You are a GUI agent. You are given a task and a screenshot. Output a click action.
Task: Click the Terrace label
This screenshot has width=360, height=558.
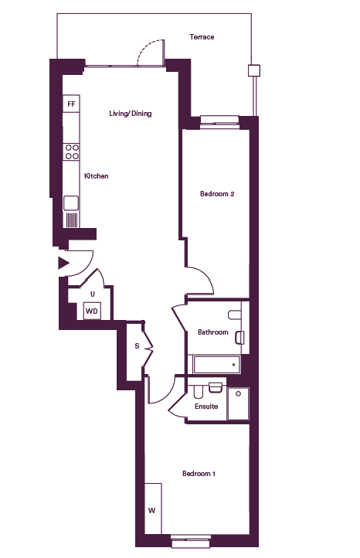point(202,37)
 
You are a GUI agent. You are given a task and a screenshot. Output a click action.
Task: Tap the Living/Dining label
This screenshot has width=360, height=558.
point(131,114)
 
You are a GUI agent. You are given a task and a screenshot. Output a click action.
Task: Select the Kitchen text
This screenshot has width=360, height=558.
point(96,175)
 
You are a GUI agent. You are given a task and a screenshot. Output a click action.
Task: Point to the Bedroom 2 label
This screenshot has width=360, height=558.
point(217,194)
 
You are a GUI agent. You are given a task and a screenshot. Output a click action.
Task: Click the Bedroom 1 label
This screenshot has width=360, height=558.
point(199,474)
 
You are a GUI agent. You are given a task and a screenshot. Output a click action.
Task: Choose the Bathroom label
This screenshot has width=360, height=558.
point(212,332)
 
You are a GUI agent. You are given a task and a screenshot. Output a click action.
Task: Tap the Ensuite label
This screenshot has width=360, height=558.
point(206,406)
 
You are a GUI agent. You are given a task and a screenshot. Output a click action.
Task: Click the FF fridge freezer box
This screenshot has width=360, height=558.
point(71,104)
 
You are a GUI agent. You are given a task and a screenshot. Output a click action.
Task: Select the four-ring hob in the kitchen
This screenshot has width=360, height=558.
point(71,151)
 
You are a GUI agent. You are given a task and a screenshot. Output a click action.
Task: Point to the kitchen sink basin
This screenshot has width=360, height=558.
point(71,203)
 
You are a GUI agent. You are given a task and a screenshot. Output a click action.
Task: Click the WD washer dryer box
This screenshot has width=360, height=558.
point(92,311)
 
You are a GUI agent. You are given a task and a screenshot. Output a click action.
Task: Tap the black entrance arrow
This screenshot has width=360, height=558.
point(63,264)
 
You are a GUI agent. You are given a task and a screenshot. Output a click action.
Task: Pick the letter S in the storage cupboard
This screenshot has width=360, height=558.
point(137,346)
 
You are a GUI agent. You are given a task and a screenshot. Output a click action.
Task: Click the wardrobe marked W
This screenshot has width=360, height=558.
point(153,509)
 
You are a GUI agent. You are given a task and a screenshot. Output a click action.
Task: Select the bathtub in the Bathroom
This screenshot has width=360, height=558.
point(216,364)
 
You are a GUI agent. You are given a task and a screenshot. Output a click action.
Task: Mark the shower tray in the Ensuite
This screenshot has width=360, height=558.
point(238,404)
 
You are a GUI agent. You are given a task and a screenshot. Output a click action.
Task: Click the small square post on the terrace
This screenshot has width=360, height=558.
point(254,70)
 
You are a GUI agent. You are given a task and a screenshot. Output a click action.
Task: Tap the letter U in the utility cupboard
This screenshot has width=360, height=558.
point(93,294)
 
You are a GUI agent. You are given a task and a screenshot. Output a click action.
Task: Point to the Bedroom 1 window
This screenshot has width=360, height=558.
point(192,541)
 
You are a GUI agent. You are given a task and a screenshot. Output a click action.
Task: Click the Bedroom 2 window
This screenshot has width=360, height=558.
point(219,121)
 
